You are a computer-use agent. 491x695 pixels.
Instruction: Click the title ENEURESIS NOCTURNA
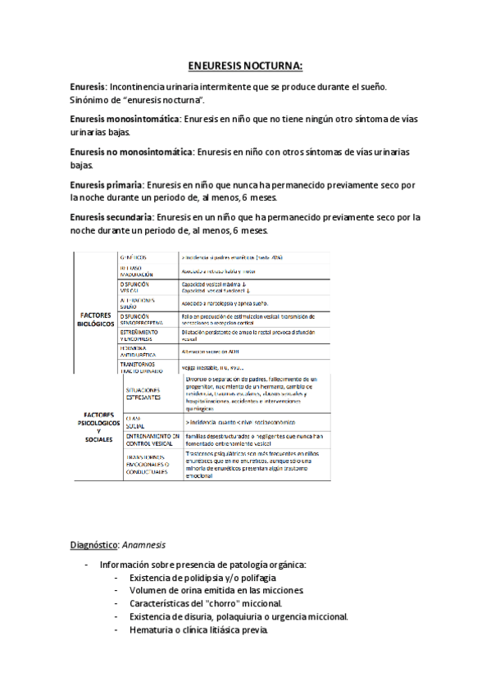click(245, 66)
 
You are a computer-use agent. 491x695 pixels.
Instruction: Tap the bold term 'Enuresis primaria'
click(107, 185)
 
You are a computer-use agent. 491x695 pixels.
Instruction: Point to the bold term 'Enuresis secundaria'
click(111, 218)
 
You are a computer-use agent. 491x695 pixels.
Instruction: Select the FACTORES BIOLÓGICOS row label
click(98, 318)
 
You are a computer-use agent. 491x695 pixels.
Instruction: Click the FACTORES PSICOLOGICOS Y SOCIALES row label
click(98, 427)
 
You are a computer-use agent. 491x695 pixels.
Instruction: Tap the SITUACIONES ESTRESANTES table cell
click(144, 393)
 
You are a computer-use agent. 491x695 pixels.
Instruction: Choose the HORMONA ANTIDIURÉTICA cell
click(144, 350)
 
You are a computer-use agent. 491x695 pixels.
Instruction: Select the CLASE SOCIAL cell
click(134, 420)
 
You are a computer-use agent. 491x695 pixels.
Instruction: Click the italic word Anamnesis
click(143, 545)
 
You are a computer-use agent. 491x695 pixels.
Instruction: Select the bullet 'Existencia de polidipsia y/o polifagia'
click(211, 578)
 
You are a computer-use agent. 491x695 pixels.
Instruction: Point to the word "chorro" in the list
click(232, 604)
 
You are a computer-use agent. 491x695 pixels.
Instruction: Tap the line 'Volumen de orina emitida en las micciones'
click(216, 591)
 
